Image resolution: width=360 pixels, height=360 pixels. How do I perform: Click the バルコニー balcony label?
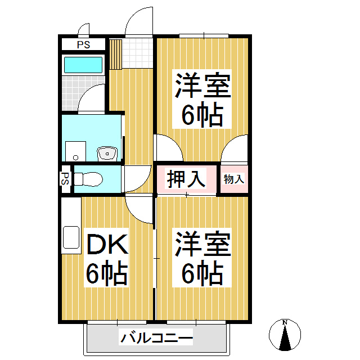[x=156, y=339]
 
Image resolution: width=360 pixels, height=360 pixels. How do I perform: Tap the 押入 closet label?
[x=186, y=179]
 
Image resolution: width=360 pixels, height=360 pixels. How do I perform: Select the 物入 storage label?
[x=234, y=179]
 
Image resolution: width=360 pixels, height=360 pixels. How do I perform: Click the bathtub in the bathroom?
[x=83, y=65]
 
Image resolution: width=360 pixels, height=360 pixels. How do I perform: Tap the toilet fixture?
[x=87, y=179]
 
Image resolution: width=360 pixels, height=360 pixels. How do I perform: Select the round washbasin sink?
[x=106, y=152]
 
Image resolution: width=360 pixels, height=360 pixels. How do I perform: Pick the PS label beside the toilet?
[x=66, y=179]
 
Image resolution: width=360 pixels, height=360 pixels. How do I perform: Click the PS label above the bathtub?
[x=83, y=44]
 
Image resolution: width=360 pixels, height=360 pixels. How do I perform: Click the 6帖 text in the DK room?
[x=107, y=274]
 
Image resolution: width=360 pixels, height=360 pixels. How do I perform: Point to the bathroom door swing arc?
[x=90, y=99]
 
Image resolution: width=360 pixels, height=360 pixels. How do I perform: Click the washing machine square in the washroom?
[x=75, y=151]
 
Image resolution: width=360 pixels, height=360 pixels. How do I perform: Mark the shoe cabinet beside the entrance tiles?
[x=115, y=53]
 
